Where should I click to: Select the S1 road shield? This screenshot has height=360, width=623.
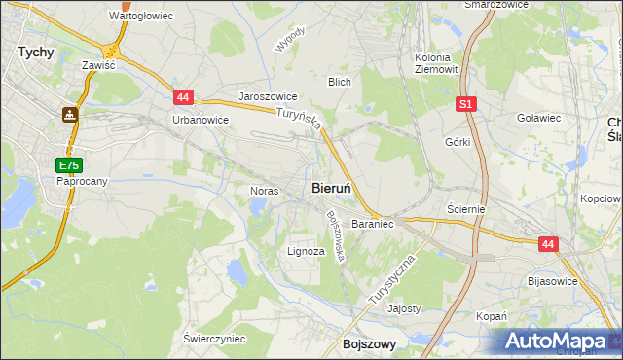pyautogui.click(x=466, y=102)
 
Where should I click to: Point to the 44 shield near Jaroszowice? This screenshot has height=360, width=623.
pyautogui.click(x=185, y=97)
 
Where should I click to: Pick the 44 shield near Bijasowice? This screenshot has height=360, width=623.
pyautogui.click(x=549, y=245)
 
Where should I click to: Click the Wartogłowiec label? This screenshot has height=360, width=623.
pyautogui.click(x=141, y=17)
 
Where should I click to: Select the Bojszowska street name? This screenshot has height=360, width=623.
pyautogui.click(x=336, y=235)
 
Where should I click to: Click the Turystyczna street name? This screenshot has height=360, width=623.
pyautogui.click(x=392, y=282)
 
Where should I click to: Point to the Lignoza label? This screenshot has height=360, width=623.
pyautogui.click(x=306, y=251)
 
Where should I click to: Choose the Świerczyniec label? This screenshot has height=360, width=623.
pyautogui.click(x=214, y=338)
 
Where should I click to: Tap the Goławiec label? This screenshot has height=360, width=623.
pyautogui.click(x=539, y=118)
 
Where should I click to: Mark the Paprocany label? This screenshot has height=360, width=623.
pyautogui.click(x=81, y=181)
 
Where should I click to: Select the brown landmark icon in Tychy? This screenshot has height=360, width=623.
pyautogui.click(x=69, y=115)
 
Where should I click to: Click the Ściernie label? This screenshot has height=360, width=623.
pyautogui.click(x=465, y=208)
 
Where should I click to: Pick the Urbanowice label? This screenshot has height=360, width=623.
pyautogui.click(x=200, y=120)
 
